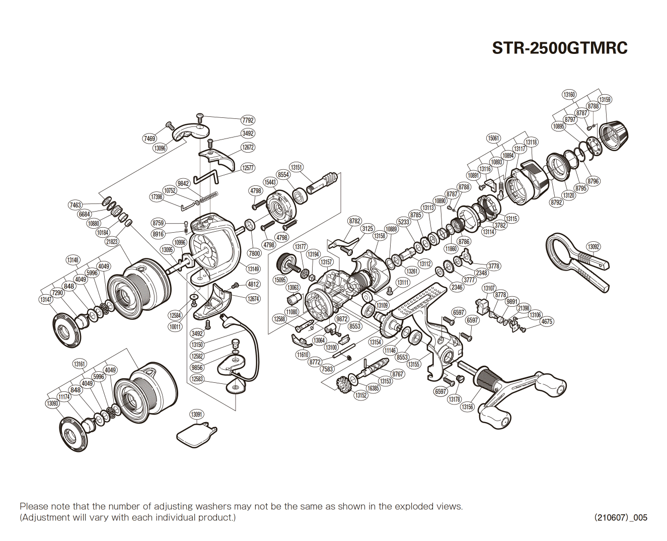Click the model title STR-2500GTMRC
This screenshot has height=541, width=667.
coord(559,48)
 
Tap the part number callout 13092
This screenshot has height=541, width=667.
coord(594,247)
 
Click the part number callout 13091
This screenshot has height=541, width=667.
coord(197,415)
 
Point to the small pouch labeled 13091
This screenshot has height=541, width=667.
coord(196,435)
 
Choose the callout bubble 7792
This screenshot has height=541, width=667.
coord(248,120)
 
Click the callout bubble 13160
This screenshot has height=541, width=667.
coord(569,95)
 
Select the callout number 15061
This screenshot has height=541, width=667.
coord(493,138)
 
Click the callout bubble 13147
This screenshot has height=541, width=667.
coord(45,300)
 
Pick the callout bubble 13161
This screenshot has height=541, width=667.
coord(80,364)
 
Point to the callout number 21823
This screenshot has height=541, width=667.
coord(112,242)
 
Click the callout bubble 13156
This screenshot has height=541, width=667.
coord(467,407)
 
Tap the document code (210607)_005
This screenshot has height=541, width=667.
coord(620,517)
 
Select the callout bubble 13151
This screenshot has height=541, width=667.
coord(297,167)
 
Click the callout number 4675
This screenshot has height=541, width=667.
coord(547,321)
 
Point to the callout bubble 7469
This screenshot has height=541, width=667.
coord(150,139)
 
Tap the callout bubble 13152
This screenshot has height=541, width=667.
coord(360,395)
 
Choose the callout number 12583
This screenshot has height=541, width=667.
coord(197,379)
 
